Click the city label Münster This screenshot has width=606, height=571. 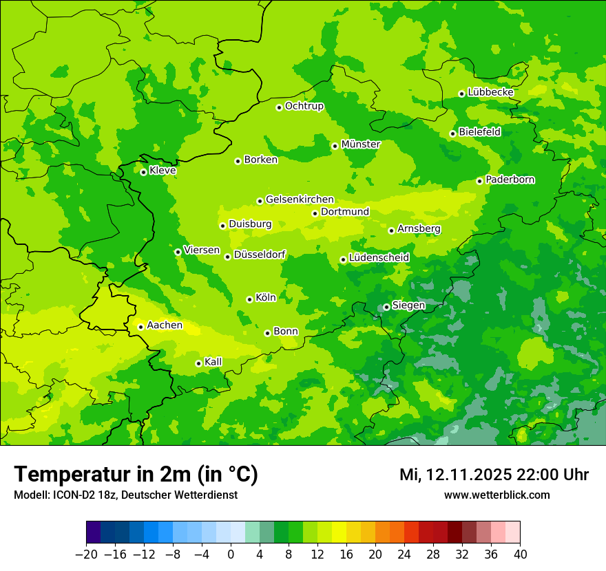coord(361,144)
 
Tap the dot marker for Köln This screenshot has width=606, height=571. coord(249,299)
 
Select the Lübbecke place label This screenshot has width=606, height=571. coord(490,92)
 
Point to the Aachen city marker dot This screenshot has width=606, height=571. coord(140,327)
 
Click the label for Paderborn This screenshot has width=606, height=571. coord(510,180)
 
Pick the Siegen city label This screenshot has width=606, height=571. coord(409,305)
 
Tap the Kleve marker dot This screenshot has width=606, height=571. coord(143,172)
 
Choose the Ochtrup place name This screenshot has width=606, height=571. coord(304,106)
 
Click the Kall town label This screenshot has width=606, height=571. coord(213,362)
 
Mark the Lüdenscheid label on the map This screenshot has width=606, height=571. coord(379,258)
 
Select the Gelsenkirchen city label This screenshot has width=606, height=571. coord(300,200)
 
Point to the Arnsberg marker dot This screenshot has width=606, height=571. coord(391,230)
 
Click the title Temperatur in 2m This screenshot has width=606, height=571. coord(136,475)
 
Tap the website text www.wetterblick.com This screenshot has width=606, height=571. coord(497,495)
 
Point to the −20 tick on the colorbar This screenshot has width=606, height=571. coord(86,554)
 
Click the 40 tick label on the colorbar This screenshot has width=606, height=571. coord(520,554)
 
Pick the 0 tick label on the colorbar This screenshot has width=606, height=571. coord(231,554)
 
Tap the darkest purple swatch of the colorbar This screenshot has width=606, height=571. coord(94,532)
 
